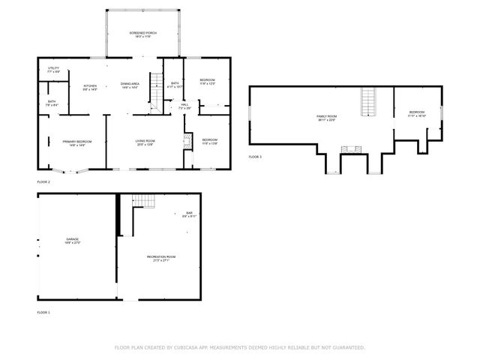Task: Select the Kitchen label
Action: pos(90,85)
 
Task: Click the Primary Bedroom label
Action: pos(77,142)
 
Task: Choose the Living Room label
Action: pos(145,142)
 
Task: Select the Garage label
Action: pos(72,241)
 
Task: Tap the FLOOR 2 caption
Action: pos(43,181)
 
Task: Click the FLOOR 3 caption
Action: pos(256,157)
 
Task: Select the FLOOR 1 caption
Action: pos(43,311)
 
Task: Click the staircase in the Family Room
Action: pos(367,102)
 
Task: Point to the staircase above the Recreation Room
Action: pos(142,201)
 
